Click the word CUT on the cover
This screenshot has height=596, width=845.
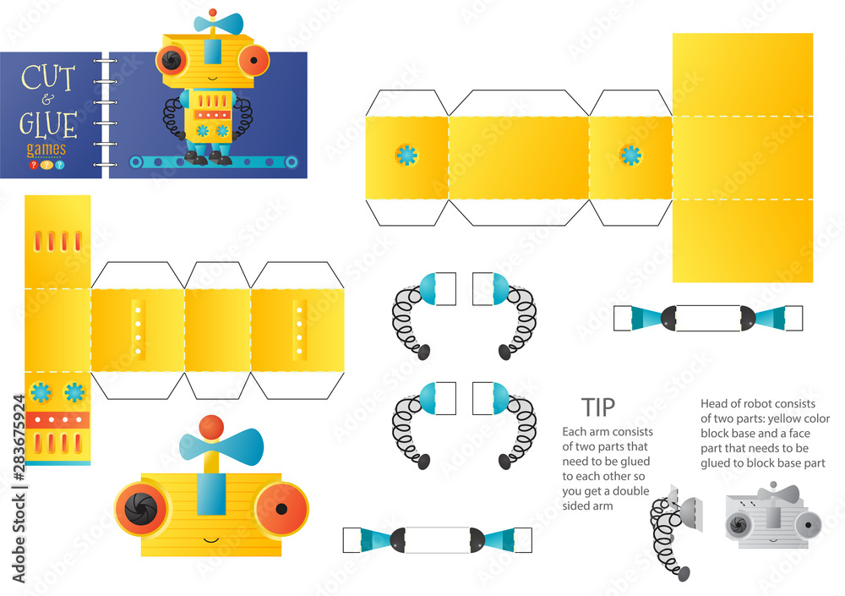click(47, 79)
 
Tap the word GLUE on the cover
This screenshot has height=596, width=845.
click(48, 124)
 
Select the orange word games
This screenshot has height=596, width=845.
click(46, 149)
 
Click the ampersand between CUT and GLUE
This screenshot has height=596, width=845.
click(48, 100)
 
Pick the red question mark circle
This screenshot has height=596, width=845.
click(34, 165)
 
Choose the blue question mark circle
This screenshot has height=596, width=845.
click(59, 165)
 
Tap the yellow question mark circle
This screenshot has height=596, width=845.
click(46, 165)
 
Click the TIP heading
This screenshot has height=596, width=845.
click(598, 407)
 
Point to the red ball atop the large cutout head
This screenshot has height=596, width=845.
click(211, 427)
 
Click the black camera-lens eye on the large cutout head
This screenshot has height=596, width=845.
click(141, 508)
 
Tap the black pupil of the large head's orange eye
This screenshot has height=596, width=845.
click(281, 509)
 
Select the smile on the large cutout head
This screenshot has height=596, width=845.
click(210, 539)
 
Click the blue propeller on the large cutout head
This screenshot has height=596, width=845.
click(221, 445)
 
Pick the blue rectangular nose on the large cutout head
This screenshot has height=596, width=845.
click(210, 494)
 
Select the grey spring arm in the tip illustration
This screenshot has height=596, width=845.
click(668, 539)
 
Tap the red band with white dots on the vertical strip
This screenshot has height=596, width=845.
click(57, 419)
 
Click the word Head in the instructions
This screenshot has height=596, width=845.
click(714, 403)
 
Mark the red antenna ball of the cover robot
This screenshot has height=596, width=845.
click(213, 13)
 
